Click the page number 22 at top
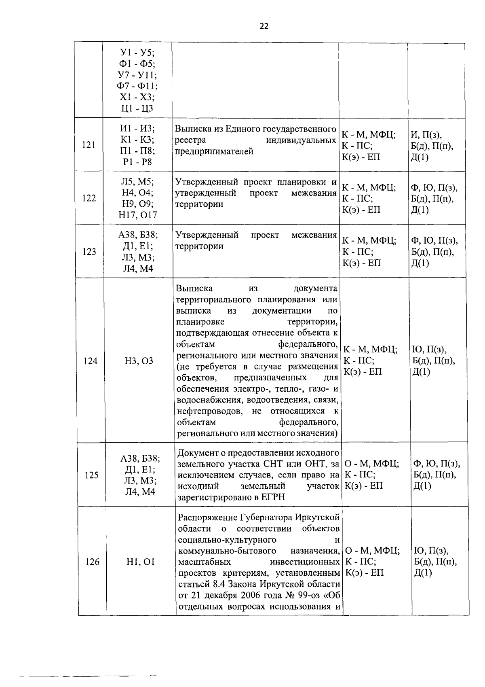264,27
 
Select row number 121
89,145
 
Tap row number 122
89,198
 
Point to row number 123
89,252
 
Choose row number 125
92,475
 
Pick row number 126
92,562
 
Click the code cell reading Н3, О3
139,360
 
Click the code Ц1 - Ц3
137,108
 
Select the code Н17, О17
138,215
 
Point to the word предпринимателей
214,151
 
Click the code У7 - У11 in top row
137,75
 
